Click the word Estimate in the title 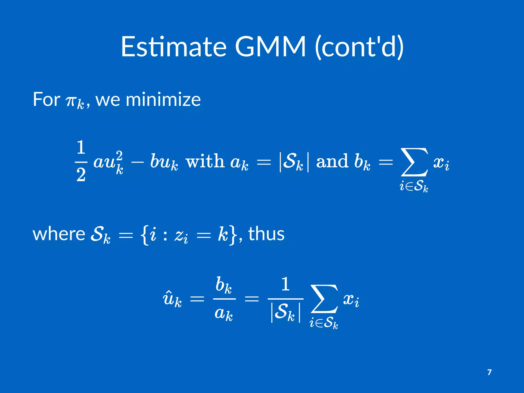(174, 47)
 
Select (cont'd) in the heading (359, 47)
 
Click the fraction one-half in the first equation (81, 161)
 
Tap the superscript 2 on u (119, 155)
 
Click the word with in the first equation (205, 161)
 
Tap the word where (59, 234)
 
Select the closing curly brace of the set (232, 235)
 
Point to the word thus (266, 234)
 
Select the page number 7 (489, 372)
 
